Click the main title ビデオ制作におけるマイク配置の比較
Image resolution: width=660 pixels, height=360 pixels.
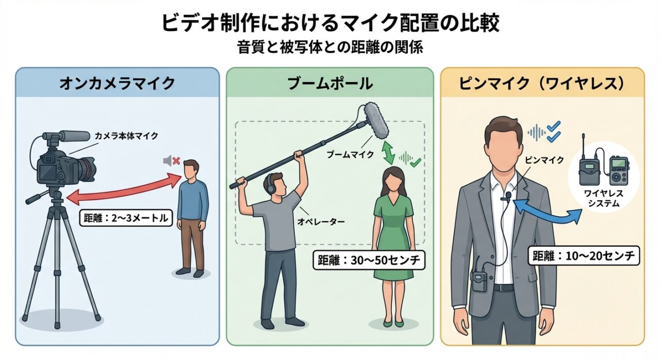click(x=330, y=23)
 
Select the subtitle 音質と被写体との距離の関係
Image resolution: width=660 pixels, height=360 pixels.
click(x=330, y=47)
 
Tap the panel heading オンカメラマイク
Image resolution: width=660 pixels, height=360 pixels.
click(x=117, y=83)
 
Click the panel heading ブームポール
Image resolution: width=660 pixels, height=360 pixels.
click(x=330, y=83)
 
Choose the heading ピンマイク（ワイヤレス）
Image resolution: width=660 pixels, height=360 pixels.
click(x=542, y=83)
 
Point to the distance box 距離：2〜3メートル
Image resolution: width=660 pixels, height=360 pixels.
click(x=126, y=218)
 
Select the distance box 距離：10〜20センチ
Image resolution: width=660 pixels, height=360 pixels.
click(x=584, y=255)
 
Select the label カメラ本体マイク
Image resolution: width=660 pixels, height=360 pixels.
click(x=126, y=136)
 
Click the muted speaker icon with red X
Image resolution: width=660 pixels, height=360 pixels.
click(x=171, y=161)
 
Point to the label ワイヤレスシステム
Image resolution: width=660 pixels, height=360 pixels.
click(x=603, y=198)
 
